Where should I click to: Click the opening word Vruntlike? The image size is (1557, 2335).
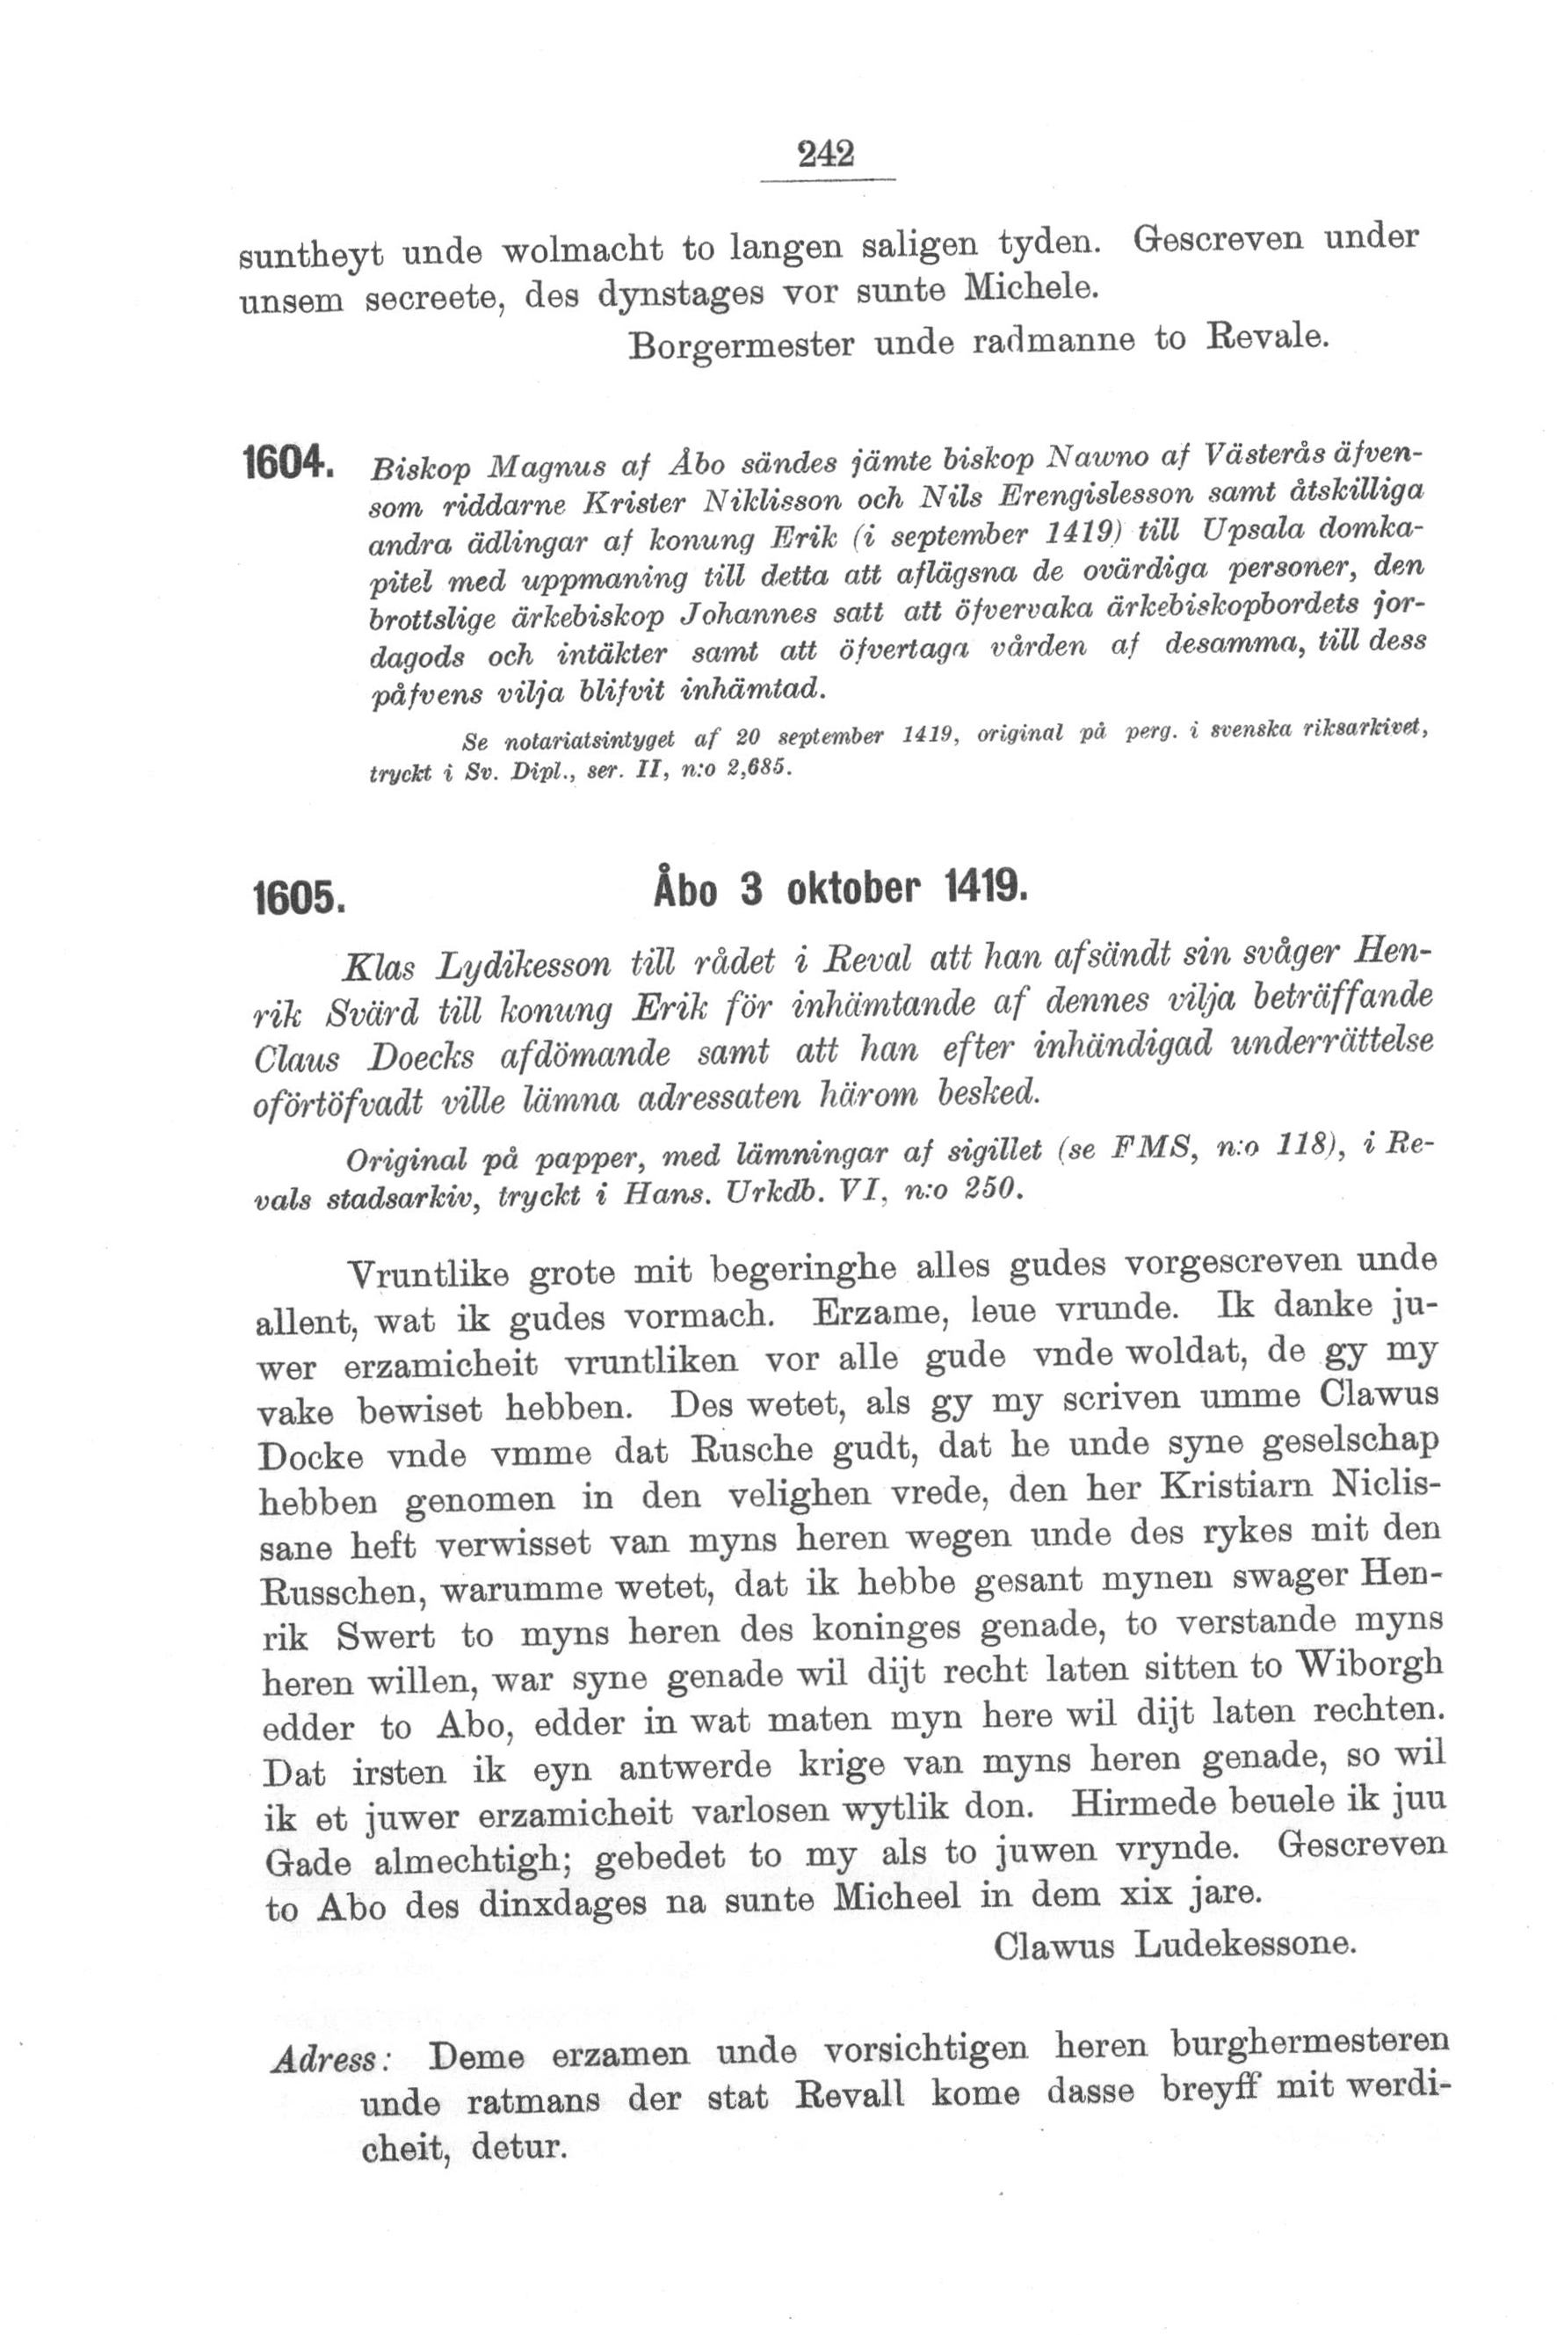tap(429, 1274)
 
